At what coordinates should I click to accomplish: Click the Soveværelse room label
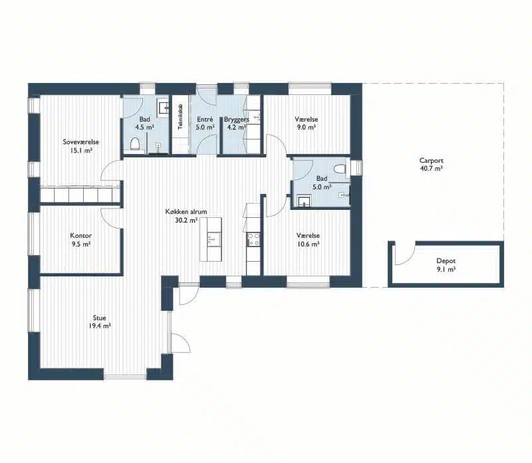[80, 142]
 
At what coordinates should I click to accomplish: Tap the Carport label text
[431, 161]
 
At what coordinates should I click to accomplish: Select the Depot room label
[446, 261]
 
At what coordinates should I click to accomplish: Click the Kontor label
[80, 236]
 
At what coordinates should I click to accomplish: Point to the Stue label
[99, 318]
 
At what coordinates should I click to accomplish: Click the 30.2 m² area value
[186, 221]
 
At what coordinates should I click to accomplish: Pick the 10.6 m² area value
[308, 244]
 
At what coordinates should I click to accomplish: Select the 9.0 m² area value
[306, 128]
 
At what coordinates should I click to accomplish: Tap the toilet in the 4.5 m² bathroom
[135, 143]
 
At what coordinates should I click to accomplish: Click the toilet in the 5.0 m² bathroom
[339, 169]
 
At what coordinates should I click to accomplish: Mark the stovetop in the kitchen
[253, 239]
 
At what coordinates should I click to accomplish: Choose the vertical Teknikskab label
[180, 117]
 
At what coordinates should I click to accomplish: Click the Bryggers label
[237, 120]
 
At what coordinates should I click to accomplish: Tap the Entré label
[205, 120]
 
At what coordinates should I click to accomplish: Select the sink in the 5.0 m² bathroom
[304, 201]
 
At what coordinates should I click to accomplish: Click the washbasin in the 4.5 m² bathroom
[162, 108]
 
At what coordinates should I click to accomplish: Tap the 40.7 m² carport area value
[431, 169]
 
